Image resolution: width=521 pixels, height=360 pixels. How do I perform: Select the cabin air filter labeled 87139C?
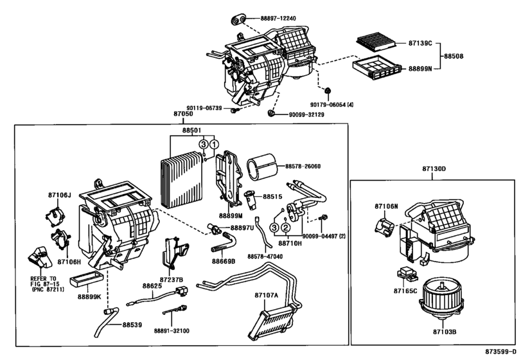coord(376,42)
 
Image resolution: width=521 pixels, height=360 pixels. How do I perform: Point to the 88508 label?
coord(454,56)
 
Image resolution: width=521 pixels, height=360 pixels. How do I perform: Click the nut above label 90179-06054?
coord(328,91)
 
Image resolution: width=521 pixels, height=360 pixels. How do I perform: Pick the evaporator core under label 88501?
coord(182,179)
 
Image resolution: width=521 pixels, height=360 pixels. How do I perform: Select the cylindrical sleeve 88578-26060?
coord(262,166)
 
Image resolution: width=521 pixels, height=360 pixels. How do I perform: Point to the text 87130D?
coord(434,169)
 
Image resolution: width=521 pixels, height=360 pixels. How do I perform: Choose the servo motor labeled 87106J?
coord(55,217)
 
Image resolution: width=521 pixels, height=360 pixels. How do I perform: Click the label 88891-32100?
coord(172,330)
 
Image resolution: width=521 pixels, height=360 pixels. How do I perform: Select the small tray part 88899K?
coord(86,278)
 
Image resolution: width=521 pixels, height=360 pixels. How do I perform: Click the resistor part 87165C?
coord(408,274)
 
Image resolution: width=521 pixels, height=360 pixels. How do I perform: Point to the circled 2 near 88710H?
coord(285,228)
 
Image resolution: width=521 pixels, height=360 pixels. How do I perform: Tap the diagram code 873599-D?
coord(500,352)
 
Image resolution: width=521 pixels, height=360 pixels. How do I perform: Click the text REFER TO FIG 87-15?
coord(44,281)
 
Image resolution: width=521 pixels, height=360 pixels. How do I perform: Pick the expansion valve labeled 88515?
coord(251,200)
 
